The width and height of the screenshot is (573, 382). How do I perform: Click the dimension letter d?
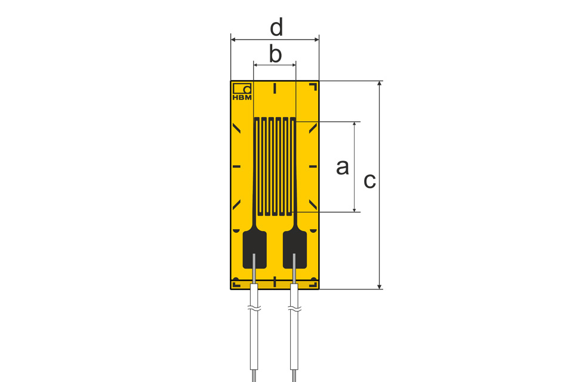coord(276,28)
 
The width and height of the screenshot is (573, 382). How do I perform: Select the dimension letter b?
coord(275,54)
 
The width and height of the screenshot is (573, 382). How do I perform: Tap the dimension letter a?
coord(342,167)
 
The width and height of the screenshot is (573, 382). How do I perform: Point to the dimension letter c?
coord(369,180)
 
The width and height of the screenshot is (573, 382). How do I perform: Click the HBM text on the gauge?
coord(242,97)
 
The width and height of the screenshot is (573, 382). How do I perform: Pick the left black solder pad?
coord(255,250)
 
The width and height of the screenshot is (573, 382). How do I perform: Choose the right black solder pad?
coord(294,250)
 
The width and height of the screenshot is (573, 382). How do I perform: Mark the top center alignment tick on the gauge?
coord(275,88)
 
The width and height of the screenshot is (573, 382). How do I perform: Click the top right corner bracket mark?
coord(313,87)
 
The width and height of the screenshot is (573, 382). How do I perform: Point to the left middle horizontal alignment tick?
coord(236,167)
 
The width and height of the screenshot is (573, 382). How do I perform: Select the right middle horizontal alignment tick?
coord(313,167)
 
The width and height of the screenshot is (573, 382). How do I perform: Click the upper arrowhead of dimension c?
coord(379,84)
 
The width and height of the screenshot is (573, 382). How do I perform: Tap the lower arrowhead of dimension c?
coord(379,286)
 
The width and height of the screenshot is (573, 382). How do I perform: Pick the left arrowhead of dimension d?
coord(234,40)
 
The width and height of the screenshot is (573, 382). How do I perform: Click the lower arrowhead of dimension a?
coord(355,209)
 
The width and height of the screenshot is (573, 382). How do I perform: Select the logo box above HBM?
coord(242,88)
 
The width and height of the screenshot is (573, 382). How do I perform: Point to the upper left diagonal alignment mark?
coord(236,128)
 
